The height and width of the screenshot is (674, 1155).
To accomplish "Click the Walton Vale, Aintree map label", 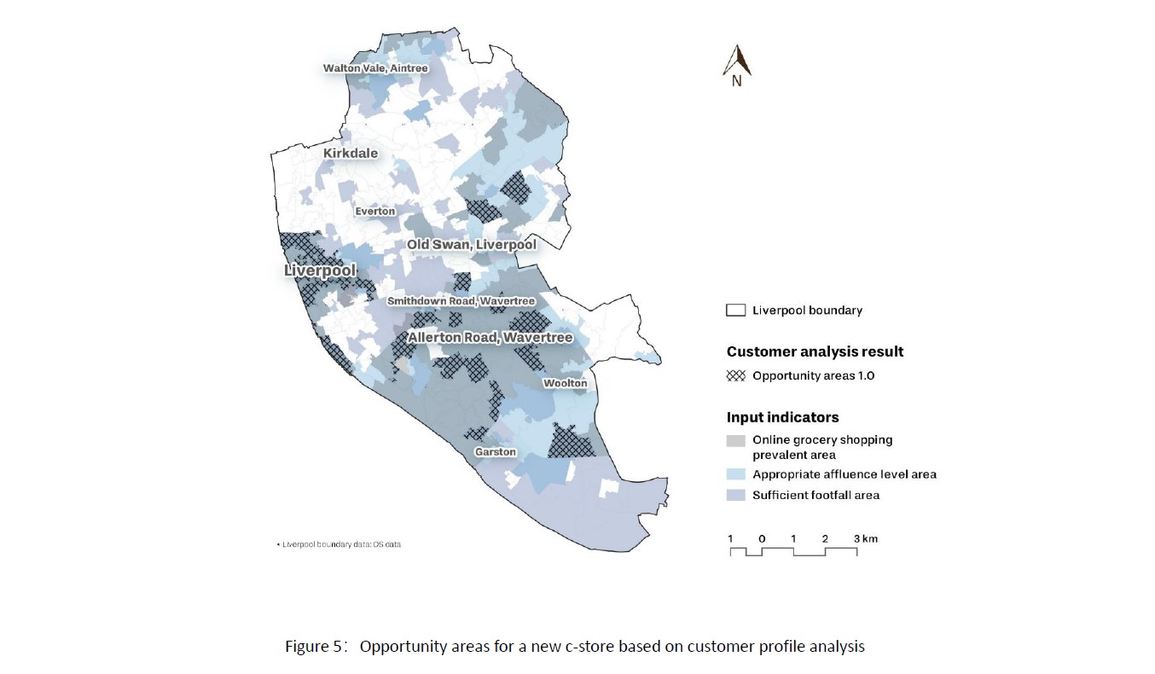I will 374,68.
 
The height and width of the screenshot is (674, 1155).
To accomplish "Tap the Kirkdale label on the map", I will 350,154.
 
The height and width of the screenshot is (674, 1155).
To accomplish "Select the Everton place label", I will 375,211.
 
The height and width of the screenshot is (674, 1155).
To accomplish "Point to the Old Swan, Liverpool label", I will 471,245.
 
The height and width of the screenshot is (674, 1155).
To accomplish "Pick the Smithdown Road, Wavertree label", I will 461,301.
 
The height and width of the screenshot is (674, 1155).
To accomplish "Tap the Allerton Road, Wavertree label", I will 490,338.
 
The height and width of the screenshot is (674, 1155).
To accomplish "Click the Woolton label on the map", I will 566,383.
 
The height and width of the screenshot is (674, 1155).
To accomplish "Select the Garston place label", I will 496,451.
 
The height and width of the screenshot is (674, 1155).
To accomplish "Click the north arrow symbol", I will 737,59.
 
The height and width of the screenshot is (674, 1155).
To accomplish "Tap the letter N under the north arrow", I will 736,82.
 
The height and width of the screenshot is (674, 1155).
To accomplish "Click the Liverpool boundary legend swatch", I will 735,311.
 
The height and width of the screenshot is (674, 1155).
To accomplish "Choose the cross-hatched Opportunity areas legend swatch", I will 735,375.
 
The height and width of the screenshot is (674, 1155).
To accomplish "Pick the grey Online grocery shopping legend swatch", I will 735,441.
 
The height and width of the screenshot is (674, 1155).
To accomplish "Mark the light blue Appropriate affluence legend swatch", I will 735,474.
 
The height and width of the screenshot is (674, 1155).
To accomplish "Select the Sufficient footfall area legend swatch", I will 735,495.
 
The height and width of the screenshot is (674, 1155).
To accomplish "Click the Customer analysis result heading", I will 815,352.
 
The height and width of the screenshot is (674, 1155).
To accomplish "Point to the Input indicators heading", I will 782,417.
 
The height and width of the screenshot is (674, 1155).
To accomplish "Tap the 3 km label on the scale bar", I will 865,538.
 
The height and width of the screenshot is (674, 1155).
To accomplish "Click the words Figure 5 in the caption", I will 316,646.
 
